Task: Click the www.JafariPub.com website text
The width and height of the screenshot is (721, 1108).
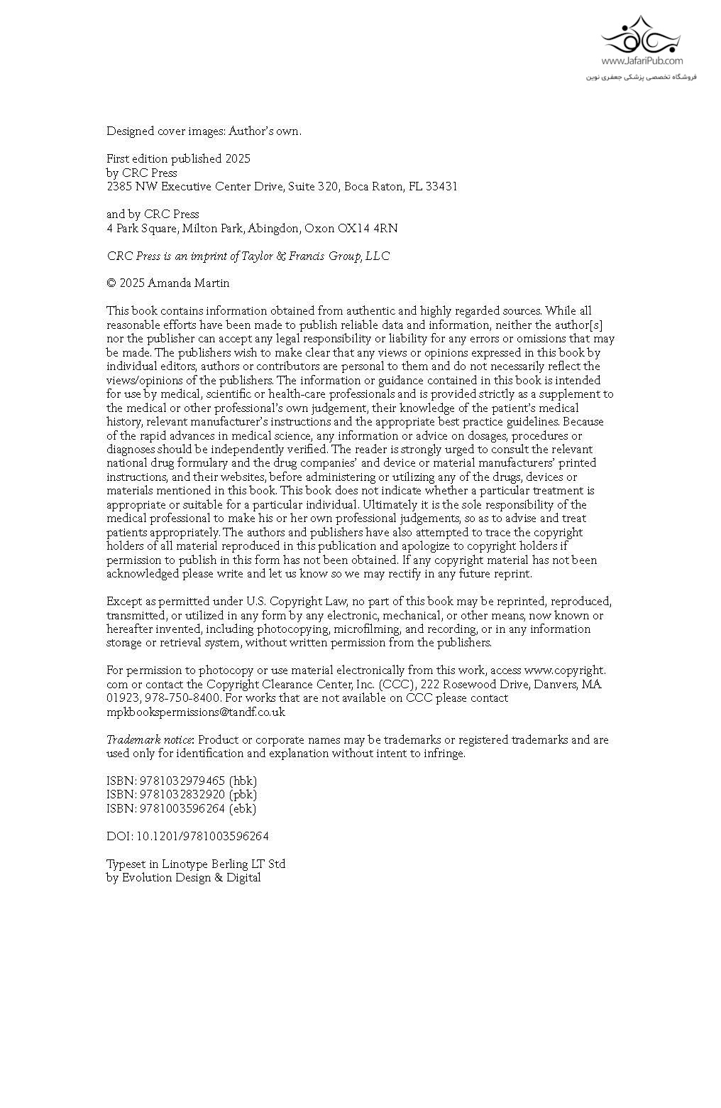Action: [642, 62]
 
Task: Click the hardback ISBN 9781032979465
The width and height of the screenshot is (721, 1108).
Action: [180, 781]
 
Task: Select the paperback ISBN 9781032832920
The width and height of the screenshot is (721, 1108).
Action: [180, 794]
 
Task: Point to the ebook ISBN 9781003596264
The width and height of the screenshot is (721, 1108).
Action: [180, 808]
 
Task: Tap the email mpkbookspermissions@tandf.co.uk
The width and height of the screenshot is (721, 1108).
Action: [196, 712]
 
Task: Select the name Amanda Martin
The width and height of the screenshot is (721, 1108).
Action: [189, 283]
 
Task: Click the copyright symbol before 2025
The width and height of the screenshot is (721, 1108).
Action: [111, 283]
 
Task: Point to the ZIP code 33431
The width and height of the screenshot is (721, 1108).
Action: [441, 187]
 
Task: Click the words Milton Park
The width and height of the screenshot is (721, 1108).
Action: [212, 229]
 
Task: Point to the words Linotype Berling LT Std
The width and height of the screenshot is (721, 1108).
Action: [224, 864]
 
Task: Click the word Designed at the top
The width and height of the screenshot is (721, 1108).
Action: [131, 131]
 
